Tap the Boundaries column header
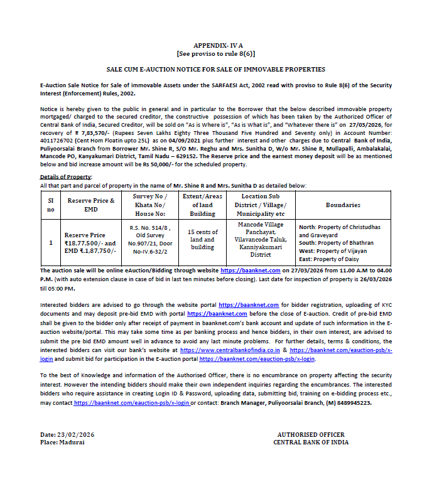343,205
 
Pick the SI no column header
51,205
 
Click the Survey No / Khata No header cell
148,205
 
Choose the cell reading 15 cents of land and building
202,239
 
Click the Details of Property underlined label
65,177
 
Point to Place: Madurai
62,442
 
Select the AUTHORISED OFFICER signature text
310,435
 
